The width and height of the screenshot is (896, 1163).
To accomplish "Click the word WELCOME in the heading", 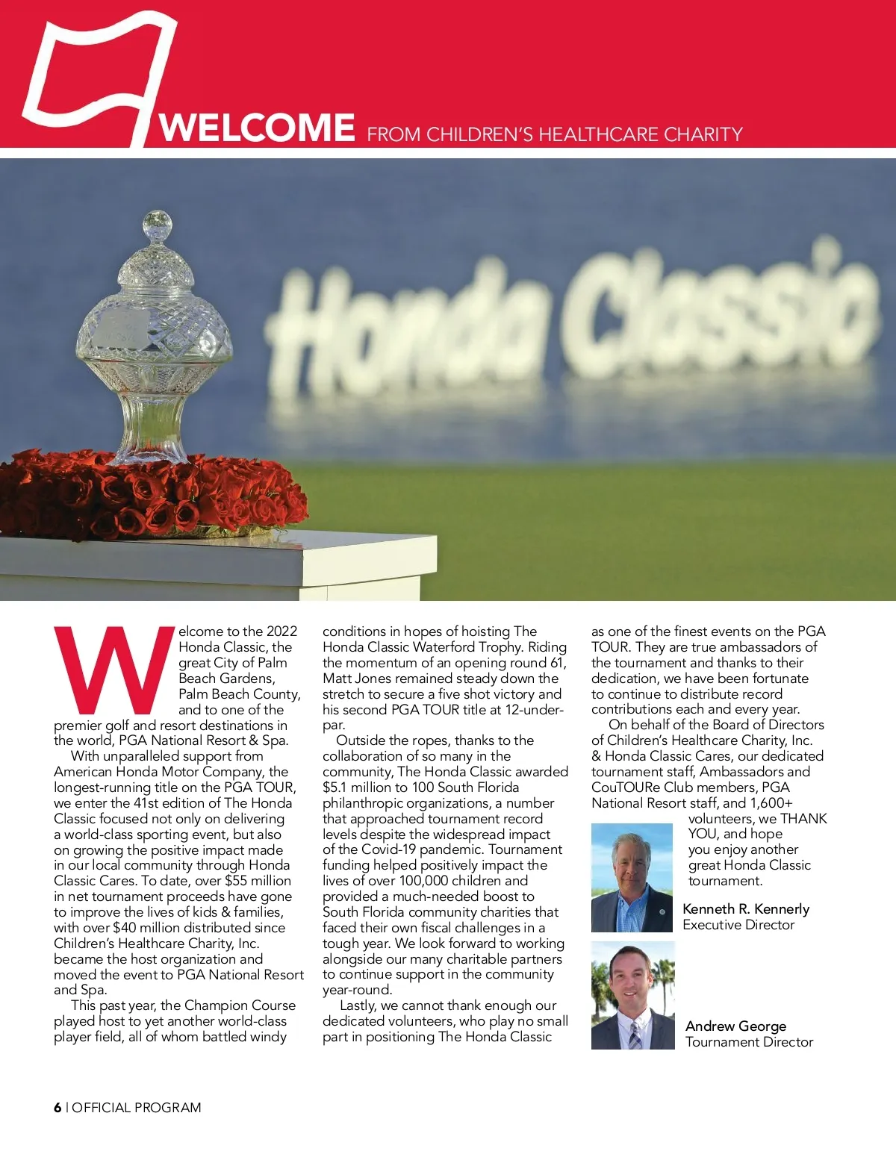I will click(x=258, y=128).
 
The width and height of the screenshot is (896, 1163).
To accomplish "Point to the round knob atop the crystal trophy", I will click(x=158, y=223).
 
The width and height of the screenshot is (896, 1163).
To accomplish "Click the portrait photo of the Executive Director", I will click(x=632, y=878).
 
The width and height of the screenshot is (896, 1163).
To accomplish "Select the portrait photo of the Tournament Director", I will click(x=632, y=995).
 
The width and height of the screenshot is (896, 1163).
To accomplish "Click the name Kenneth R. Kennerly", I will click(x=745, y=908).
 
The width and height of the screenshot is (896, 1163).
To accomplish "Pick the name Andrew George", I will click(x=735, y=1026).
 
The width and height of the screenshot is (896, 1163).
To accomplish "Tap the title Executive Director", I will click(x=738, y=925).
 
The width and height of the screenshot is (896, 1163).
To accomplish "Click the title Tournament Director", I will click(x=749, y=1042).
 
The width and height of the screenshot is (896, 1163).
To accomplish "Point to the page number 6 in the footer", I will click(x=57, y=1108).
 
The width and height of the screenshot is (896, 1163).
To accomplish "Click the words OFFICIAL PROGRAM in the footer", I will click(x=137, y=1108).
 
